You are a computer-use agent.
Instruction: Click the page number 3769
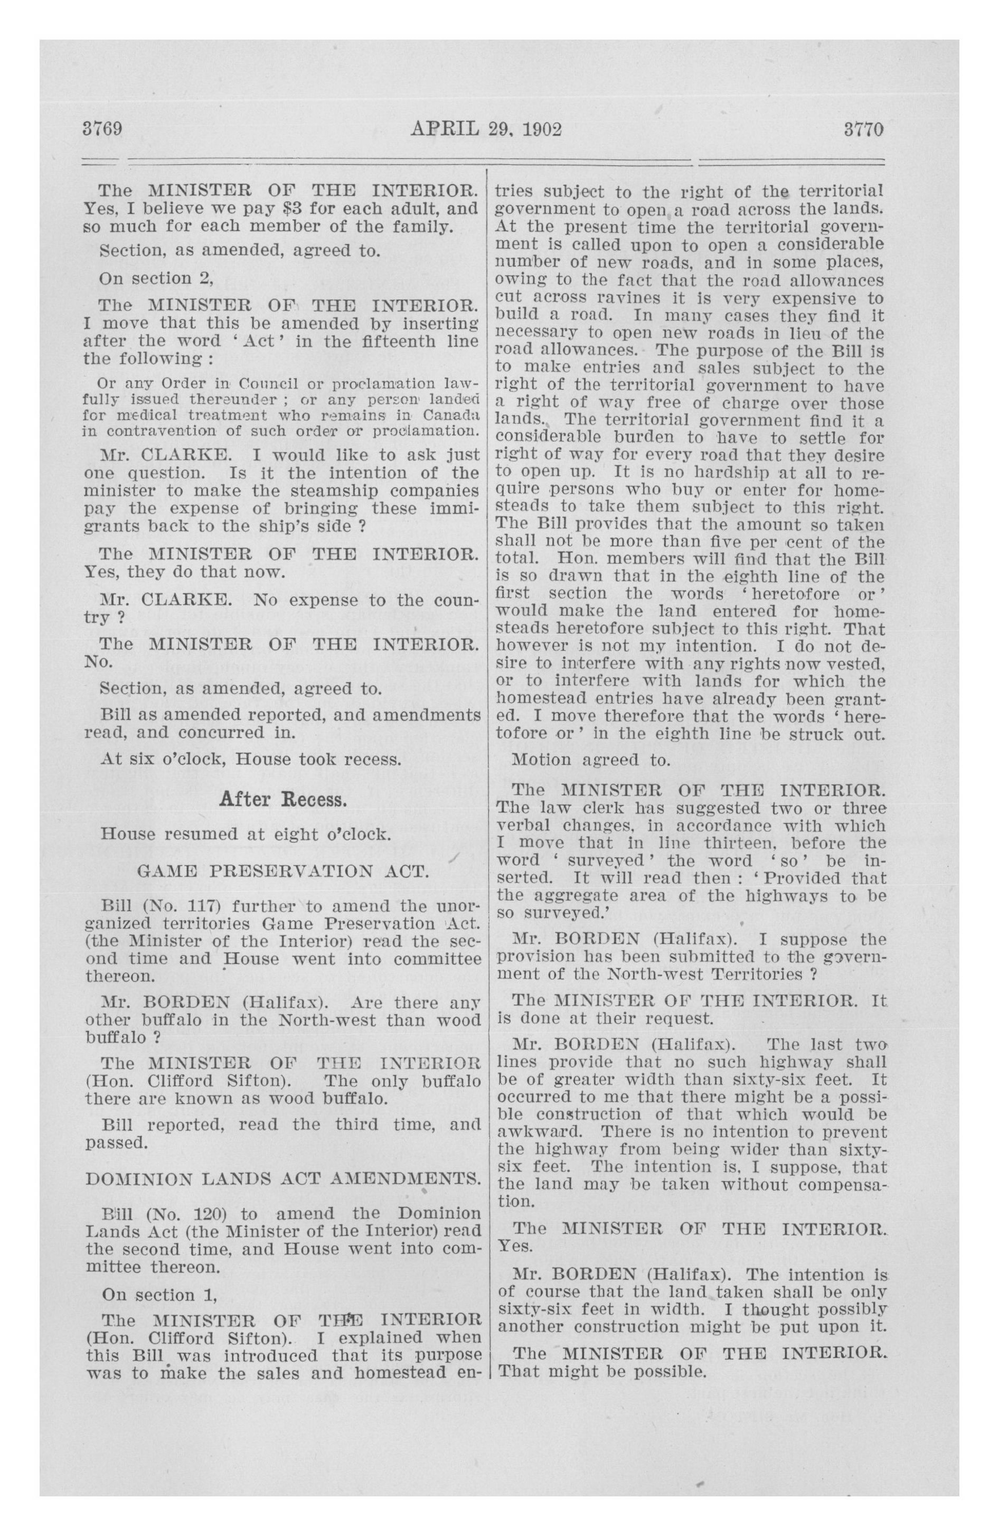pos(102,129)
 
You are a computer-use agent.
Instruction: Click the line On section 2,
pos(156,278)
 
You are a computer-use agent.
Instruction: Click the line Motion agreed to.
pos(590,760)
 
